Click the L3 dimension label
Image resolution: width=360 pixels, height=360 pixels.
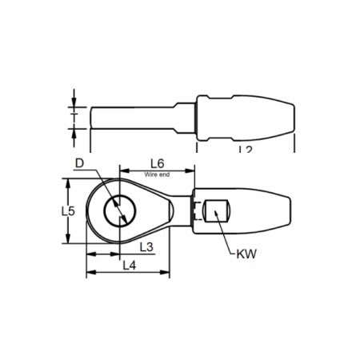[x=147, y=247]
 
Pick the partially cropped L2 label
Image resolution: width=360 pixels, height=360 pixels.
[x=246, y=149]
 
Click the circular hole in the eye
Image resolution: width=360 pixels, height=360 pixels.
[x=120, y=211]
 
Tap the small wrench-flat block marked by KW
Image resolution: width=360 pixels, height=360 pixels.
[x=218, y=212]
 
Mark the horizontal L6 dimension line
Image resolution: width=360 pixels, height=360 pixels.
[x=158, y=169]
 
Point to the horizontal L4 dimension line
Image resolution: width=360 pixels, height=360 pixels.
[x=128, y=273]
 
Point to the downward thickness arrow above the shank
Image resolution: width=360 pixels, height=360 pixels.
[x=74, y=102]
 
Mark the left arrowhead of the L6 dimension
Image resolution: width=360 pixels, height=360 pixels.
[x=123, y=169]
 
